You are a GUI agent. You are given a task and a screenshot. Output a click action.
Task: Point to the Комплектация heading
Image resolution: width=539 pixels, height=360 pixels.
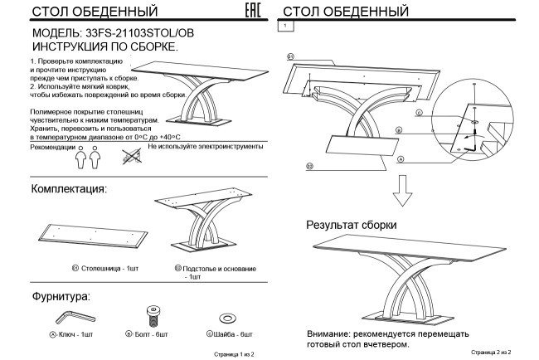click(x=69, y=190)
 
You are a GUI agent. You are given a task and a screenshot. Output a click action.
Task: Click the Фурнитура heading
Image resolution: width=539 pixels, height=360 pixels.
click(x=61, y=295)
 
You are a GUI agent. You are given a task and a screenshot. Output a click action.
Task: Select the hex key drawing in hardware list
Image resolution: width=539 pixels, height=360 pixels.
click(x=73, y=317)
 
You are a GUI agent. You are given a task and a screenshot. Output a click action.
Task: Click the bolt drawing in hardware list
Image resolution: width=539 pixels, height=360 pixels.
click(x=151, y=316)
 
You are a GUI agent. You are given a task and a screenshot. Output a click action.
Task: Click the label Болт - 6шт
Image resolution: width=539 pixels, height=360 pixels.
click(x=151, y=333)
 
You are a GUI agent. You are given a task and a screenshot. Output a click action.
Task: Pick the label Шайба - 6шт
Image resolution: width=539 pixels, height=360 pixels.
click(x=229, y=333)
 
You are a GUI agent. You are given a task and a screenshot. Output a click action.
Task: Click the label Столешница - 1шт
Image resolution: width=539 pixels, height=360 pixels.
click(x=104, y=269)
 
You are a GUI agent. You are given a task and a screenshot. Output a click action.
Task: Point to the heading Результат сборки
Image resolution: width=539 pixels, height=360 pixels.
click(x=351, y=225)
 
